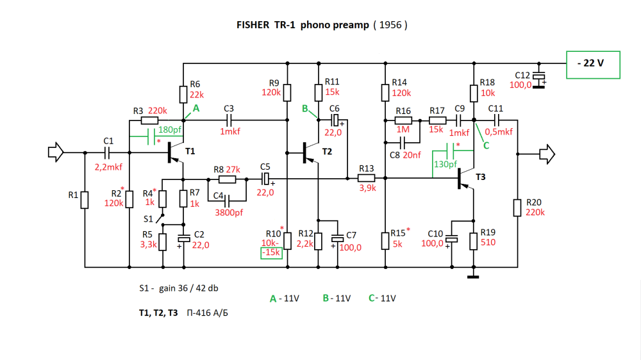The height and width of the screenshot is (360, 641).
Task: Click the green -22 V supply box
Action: point(593,65)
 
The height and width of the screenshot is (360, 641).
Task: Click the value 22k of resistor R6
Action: point(196,94)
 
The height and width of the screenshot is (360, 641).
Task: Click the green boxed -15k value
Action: point(271,253)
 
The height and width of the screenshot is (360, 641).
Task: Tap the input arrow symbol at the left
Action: point(56,152)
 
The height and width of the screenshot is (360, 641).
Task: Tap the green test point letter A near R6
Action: point(196,108)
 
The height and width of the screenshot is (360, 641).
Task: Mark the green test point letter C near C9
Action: point(486,145)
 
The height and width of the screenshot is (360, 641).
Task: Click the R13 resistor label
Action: point(366,168)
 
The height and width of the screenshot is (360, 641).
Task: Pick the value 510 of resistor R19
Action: point(489,243)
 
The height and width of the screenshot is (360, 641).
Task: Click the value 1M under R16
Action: point(403,129)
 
